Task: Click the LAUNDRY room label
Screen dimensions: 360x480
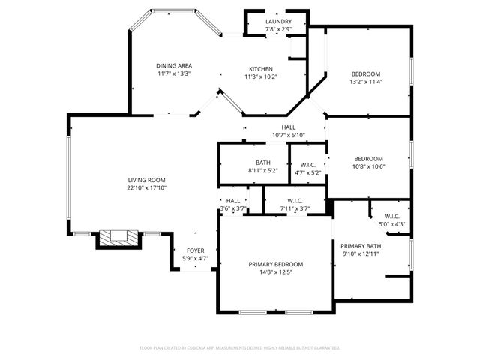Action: coord(278,21)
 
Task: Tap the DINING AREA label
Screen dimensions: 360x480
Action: coord(174,65)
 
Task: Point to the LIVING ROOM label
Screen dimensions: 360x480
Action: coord(146,180)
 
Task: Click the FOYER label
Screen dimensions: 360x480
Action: coord(195,250)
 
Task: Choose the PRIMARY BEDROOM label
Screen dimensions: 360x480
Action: coord(276,264)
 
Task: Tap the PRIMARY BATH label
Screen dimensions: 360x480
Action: coord(361,246)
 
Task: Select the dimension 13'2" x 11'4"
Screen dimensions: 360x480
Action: coord(367,82)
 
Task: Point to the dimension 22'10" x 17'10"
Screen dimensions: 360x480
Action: coord(146,188)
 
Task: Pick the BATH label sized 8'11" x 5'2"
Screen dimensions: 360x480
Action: coord(262,163)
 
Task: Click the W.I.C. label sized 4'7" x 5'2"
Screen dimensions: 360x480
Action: coord(307,165)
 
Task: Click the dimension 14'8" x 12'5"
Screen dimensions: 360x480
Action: coord(276,272)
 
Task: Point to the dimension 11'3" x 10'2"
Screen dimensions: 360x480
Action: coord(261,76)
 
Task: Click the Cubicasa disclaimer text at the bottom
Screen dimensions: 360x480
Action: coord(240,348)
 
